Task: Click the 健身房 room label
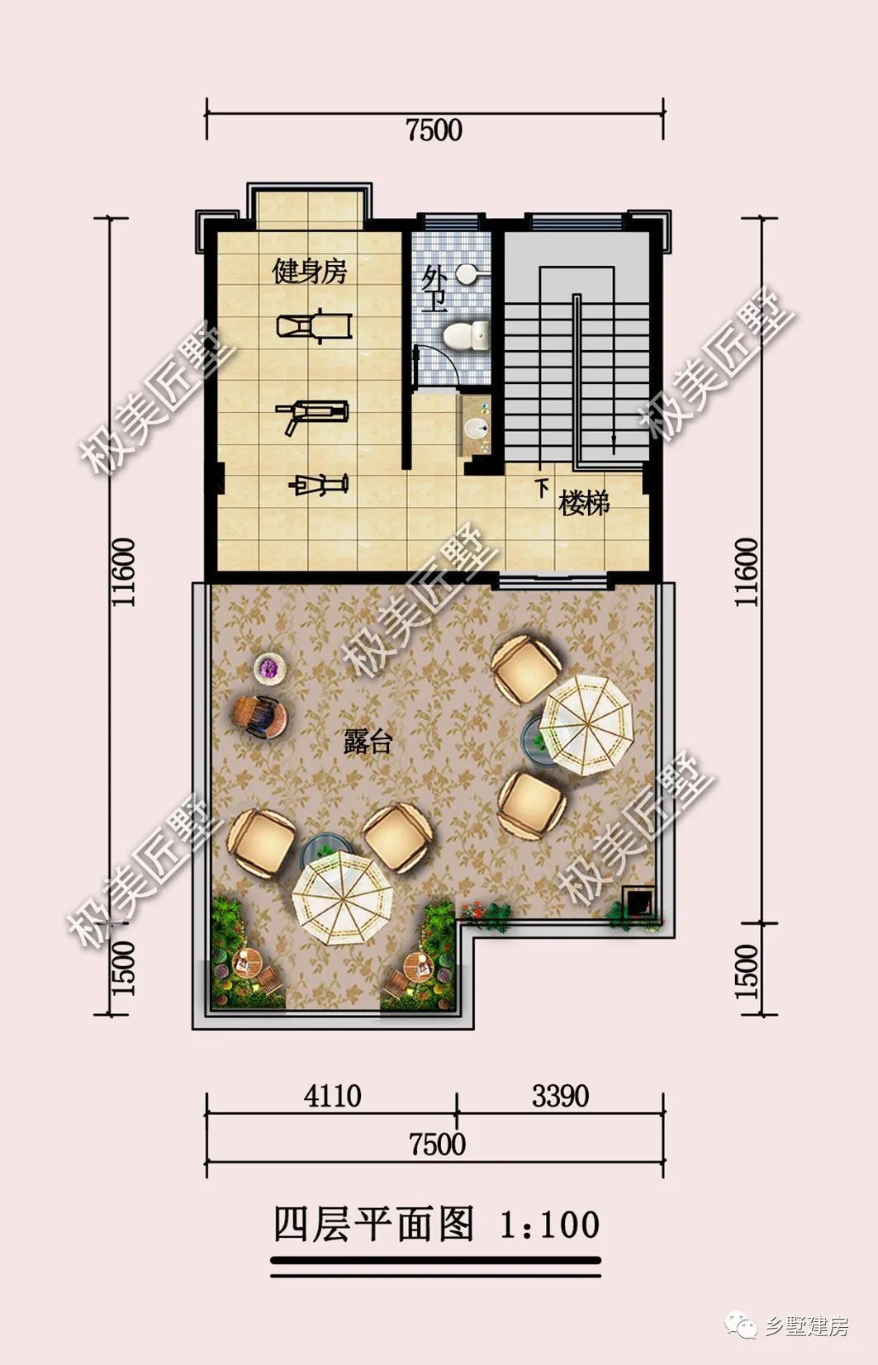pos(310,271)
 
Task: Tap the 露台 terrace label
pos(367,742)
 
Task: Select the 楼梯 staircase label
pos(584,504)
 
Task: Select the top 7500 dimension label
pos(434,130)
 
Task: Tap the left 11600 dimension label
pos(122,572)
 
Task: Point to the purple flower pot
pos(269,668)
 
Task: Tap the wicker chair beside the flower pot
pos(259,718)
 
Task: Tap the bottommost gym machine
pos(318,485)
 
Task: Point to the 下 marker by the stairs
pos(542,488)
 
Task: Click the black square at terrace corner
pos(638,900)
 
